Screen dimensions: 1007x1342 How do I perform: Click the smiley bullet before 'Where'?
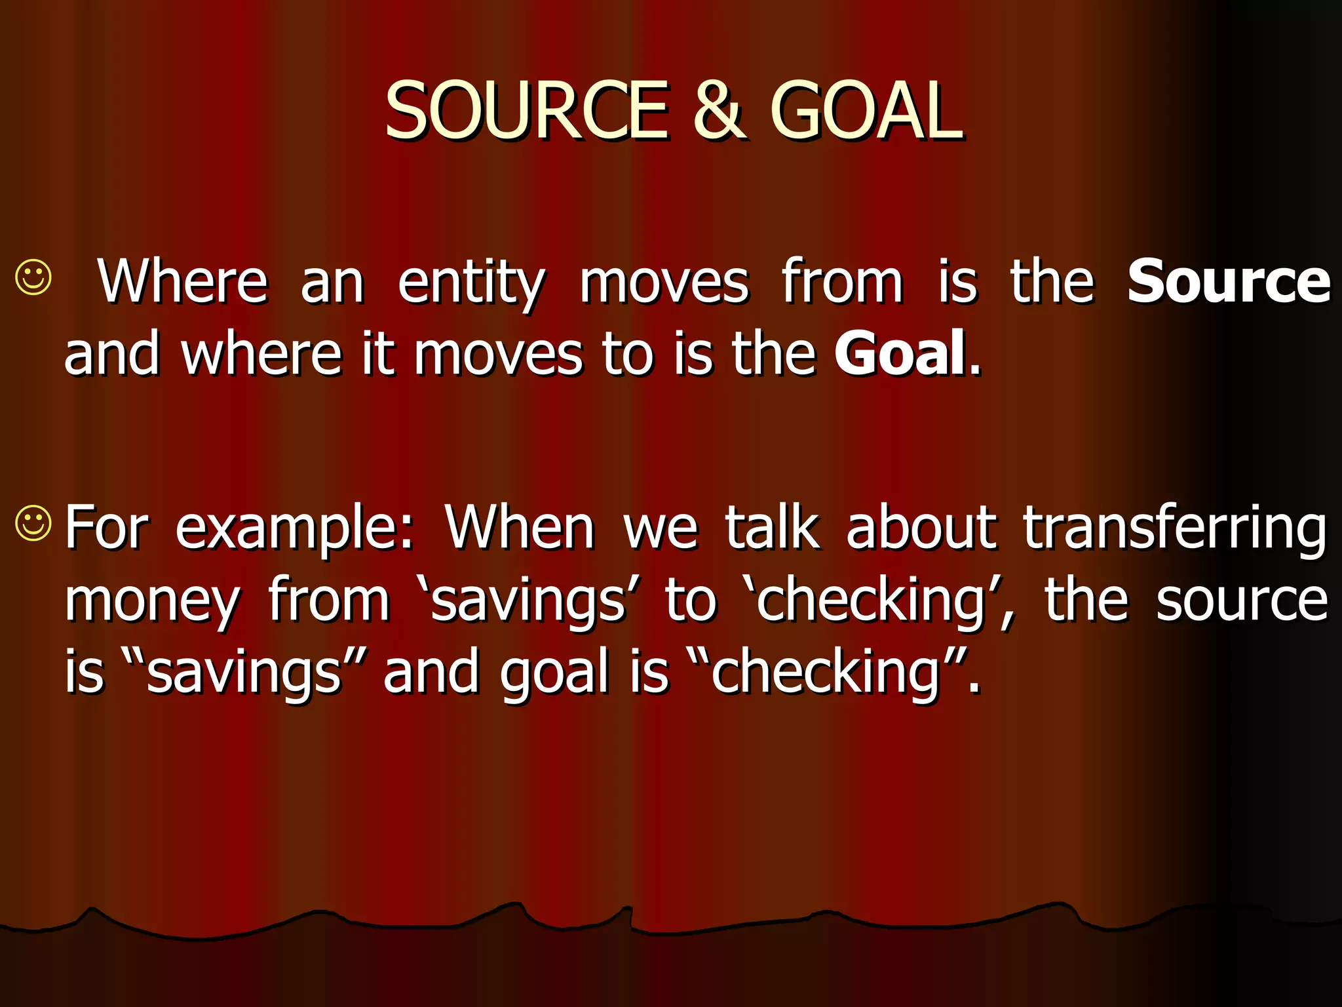(x=33, y=278)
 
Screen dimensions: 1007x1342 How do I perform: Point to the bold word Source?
(x=1229, y=282)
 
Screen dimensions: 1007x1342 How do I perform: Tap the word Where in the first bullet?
(x=183, y=282)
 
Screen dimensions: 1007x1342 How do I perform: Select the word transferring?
(x=1175, y=528)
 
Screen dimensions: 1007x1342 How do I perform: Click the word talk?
(x=771, y=527)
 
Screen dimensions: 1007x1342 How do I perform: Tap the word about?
(x=921, y=527)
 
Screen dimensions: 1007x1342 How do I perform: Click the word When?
(x=520, y=527)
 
